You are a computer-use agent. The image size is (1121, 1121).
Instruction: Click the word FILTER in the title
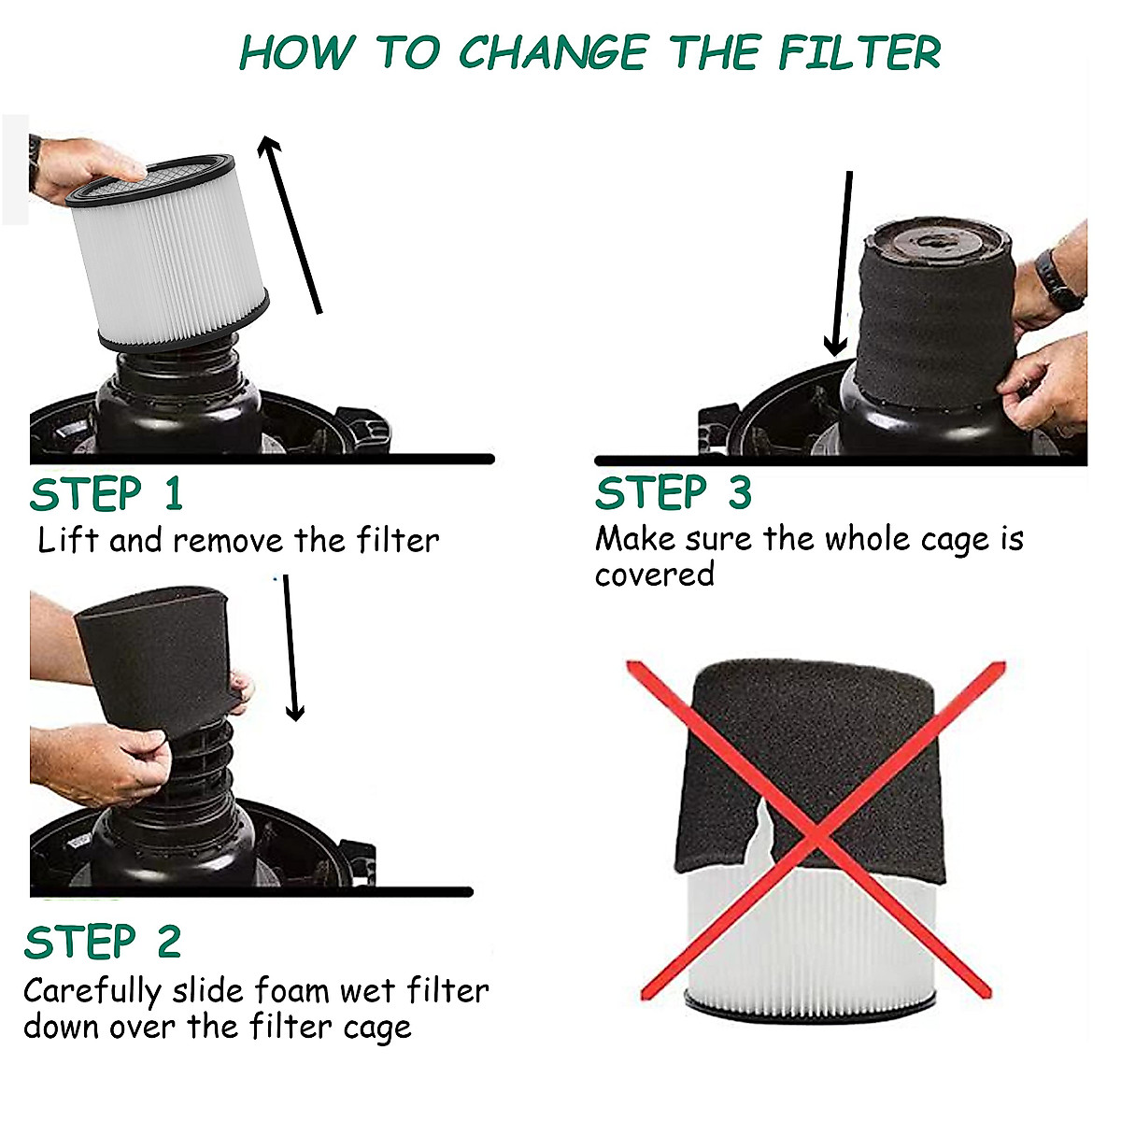click(859, 52)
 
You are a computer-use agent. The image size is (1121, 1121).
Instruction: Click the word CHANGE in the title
click(553, 53)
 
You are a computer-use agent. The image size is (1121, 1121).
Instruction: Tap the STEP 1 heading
click(107, 494)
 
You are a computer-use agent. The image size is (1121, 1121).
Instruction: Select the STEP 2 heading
click(103, 942)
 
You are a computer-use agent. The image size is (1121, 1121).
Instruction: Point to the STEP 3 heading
click(674, 492)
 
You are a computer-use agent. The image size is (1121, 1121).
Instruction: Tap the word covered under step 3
click(655, 575)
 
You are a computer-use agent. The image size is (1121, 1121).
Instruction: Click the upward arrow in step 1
click(290, 224)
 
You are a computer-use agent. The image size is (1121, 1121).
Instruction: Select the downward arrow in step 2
click(291, 648)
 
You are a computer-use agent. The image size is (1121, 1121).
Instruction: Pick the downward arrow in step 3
click(841, 263)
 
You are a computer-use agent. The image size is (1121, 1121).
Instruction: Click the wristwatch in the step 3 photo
click(1058, 278)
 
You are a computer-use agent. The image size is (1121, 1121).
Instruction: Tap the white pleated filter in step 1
click(169, 252)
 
